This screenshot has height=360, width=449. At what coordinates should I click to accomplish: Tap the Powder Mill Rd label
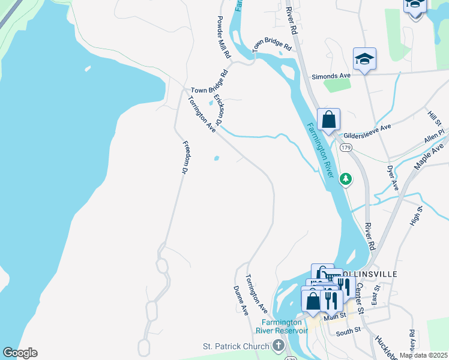[x=223, y=37]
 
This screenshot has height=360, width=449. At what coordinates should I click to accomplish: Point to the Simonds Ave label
[x=331, y=77]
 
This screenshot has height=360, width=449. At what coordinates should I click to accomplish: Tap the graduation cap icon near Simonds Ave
[x=364, y=59]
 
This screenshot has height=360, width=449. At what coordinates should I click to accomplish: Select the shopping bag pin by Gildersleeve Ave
[x=328, y=119]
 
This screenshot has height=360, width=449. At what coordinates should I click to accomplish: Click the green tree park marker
[x=345, y=179]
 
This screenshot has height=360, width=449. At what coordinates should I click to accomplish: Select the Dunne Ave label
[x=241, y=301]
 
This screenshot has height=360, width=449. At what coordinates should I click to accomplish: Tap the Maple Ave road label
[x=430, y=155]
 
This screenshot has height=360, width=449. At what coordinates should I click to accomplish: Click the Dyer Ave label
[x=393, y=178]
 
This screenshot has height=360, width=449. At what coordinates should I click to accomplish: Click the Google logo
[x=20, y=353]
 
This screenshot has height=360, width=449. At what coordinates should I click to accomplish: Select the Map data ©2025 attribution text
[x=424, y=355]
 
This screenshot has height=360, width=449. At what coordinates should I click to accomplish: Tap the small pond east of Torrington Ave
[x=216, y=159]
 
